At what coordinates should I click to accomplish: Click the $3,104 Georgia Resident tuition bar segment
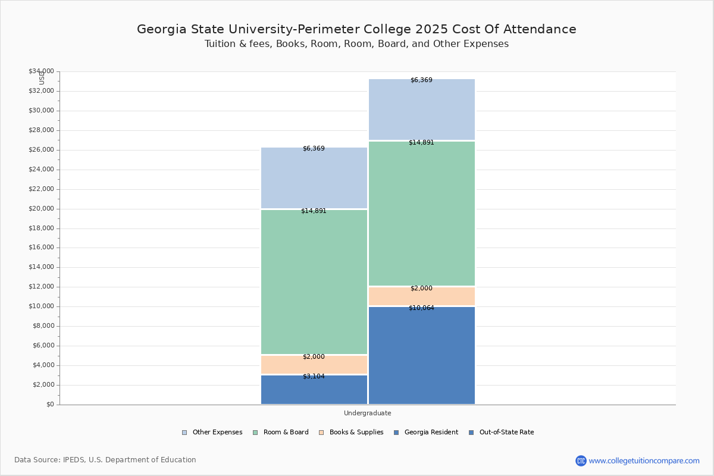[314, 390]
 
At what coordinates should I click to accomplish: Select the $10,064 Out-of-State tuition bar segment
[421, 356]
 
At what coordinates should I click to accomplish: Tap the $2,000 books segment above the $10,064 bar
[421, 296]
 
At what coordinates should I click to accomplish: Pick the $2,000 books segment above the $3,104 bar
[314, 365]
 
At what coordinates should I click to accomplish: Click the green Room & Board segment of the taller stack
[421, 214]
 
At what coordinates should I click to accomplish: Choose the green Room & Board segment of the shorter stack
[314, 282]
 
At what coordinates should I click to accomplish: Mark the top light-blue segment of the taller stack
[421, 109]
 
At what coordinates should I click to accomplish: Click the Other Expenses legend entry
[212, 433]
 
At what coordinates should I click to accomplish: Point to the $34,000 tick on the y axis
[41, 71]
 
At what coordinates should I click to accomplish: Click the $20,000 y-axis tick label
[41, 209]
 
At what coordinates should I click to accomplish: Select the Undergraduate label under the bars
[367, 413]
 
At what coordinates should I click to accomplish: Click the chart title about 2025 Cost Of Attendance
[356, 29]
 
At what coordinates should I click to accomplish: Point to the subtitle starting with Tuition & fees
[356, 44]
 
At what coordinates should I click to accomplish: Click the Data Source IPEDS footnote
[105, 460]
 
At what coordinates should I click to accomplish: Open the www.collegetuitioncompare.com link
[644, 461]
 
